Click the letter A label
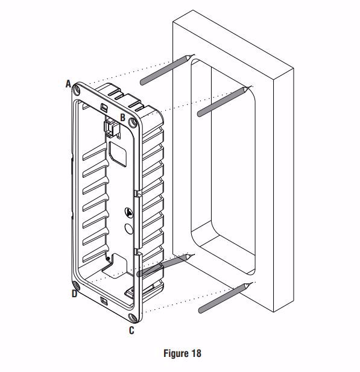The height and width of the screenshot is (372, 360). (x=68, y=84)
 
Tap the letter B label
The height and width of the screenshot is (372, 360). (x=122, y=118)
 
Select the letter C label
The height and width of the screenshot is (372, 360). (x=131, y=330)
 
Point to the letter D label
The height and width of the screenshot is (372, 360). (x=75, y=294)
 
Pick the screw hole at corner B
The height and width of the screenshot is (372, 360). (x=133, y=123)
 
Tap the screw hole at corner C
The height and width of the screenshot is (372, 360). (x=132, y=317)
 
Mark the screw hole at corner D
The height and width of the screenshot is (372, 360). (x=76, y=285)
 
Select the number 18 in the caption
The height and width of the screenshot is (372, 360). (x=195, y=353)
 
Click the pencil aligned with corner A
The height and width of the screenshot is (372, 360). (x=167, y=69)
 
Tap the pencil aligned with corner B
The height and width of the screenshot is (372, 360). (x=224, y=101)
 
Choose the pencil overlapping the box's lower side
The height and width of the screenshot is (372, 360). (x=166, y=265)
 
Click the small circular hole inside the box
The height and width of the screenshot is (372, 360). (x=129, y=229)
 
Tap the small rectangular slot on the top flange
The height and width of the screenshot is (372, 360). (x=104, y=107)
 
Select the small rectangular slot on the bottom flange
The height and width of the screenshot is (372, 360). (x=104, y=301)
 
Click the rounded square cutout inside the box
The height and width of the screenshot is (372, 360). (x=118, y=154)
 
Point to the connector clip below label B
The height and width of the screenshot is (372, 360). (x=112, y=128)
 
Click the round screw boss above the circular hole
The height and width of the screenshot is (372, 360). (x=129, y=213)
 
